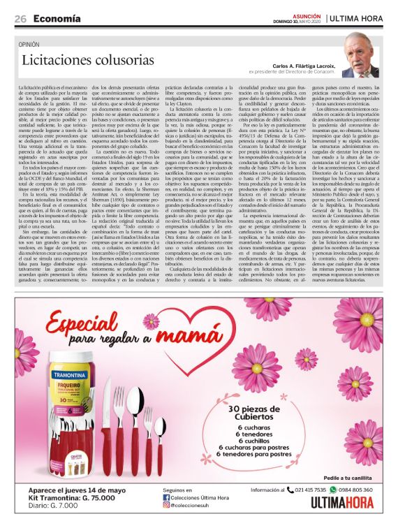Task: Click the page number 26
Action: point(20,18)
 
